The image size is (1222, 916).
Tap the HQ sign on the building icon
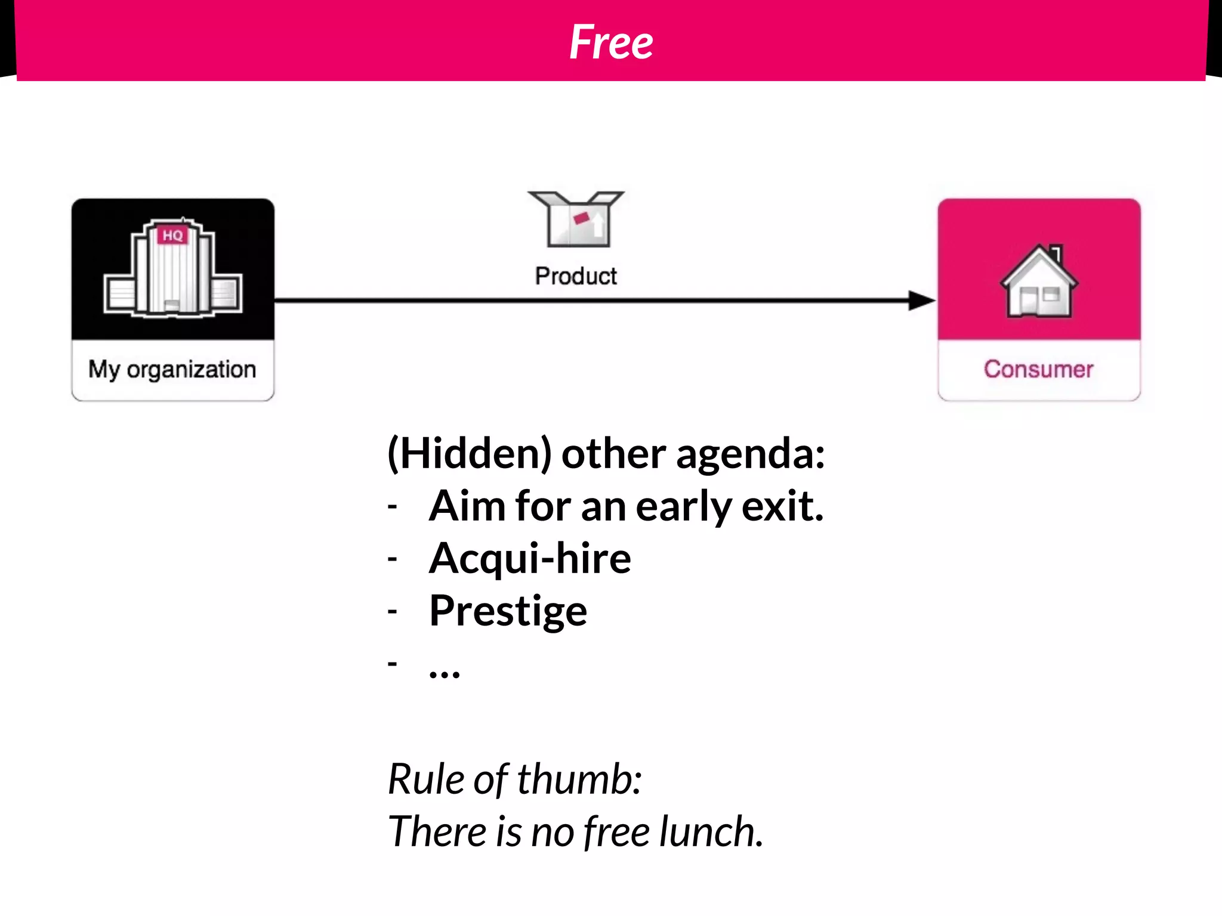(x=172, y=235)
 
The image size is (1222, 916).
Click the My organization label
(x=172, y=370)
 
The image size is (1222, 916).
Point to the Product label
(x=576, y=276)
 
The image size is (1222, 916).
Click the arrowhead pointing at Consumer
(x=921, y=301)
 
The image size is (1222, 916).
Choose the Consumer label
(x=1039, y=370)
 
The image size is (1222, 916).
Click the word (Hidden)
(x=469, y=454)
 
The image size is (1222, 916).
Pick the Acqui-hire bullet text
(x=530, y=559)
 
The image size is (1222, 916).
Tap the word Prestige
(x=508, y=612)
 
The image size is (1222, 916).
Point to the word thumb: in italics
(x=579, y=779)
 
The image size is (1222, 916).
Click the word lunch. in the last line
(x=711, y=832)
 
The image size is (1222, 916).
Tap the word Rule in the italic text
(x=426, y=779)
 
